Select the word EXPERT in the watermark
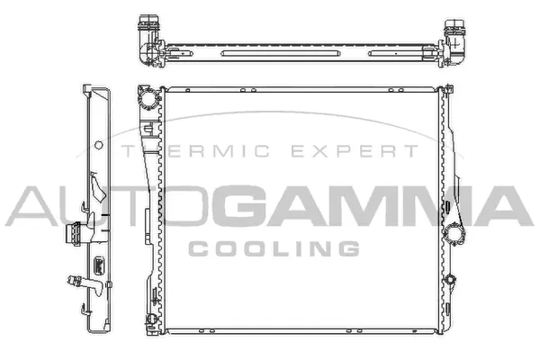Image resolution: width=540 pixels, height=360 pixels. point(364,152)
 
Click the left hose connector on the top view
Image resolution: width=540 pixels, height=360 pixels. point(147,39)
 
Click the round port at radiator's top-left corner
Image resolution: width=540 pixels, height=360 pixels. point(144,95)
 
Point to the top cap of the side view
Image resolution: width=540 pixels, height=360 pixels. point(94,91)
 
